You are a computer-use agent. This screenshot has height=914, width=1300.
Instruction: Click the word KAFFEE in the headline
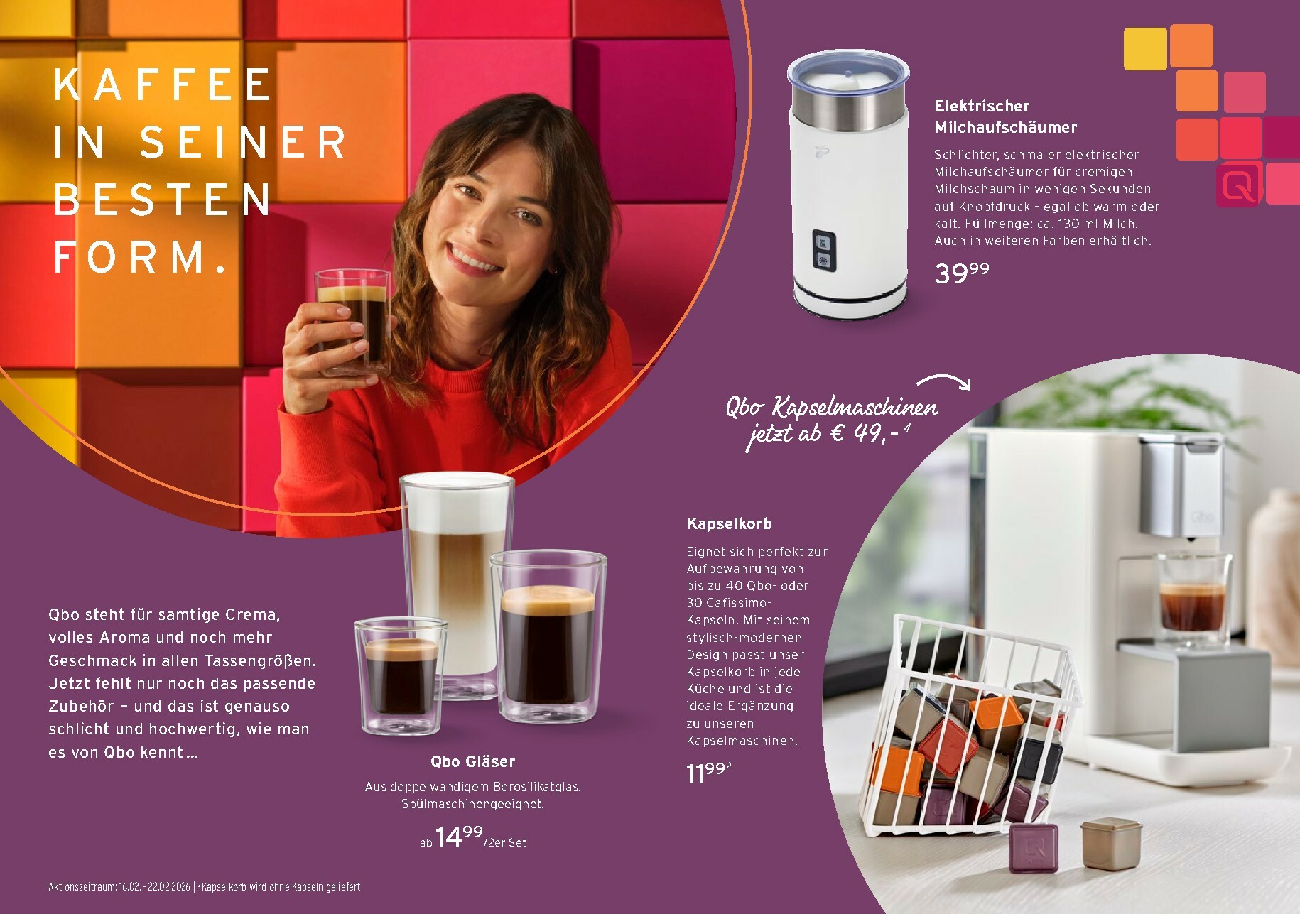click(x=163, y=85)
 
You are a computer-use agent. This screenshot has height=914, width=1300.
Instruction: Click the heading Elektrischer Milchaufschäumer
click(x=1005, y=116)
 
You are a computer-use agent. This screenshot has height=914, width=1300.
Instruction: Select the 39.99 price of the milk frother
click(x=962, y=273)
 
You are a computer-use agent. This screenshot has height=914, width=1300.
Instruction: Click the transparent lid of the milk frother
click(x=848, y=72)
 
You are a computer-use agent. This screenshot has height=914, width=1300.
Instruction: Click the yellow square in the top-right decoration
click(x=1145, y=48)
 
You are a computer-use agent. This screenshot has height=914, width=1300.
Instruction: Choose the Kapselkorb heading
click(x=729, y=524)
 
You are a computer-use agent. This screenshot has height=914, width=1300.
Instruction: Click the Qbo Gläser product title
click(x=473, y=761)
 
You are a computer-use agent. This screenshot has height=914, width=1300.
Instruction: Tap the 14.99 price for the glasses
click(x=458, y=837)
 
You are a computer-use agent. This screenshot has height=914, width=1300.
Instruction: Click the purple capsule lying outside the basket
click(x=1034, y=847)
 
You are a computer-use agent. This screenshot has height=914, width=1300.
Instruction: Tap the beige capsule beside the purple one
click(x=1110, y=843)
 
